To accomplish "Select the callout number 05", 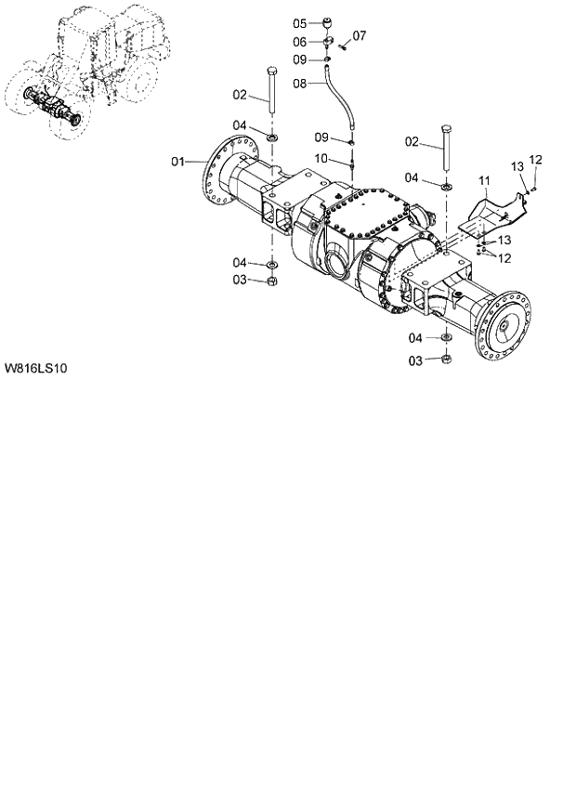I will click(300, 23).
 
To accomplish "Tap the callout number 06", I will click(300, 41).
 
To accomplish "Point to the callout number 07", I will click(359, 36).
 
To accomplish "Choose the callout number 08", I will click(300, 83).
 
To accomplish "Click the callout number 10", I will click(320, 159).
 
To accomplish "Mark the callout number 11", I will click(483, 178).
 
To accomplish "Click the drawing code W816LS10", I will click(35, 368).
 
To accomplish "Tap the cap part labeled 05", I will click(329, 22).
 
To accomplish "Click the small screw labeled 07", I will click(342, 46).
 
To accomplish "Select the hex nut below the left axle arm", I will click(271, 281).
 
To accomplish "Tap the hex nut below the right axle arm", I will click(444, 360).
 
